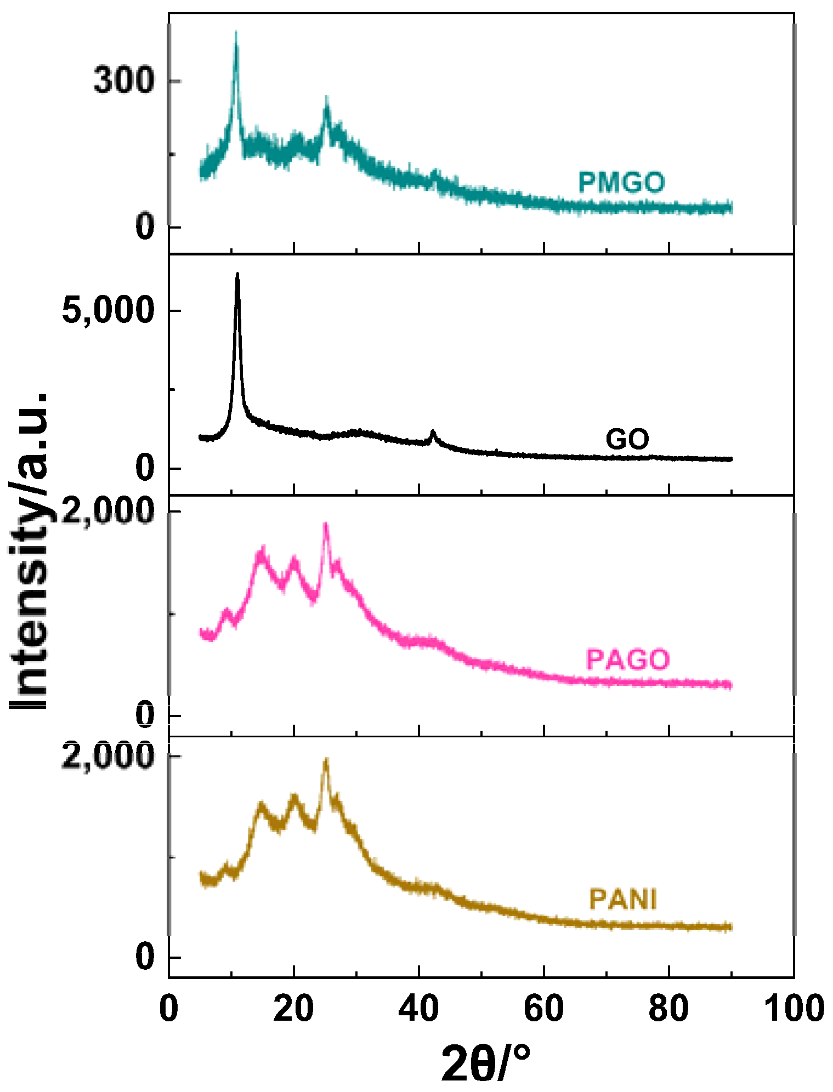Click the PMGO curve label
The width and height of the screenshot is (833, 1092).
(x=621, y=182)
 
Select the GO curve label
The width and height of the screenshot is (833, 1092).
(x=627, y=439)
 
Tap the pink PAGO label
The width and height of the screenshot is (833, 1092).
(x=628, y=659)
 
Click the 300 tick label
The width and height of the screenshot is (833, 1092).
(x=122, y=81)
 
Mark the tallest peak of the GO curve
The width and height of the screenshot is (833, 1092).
(x=237, y=274)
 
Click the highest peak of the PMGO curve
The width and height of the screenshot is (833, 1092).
(x=236, y=32)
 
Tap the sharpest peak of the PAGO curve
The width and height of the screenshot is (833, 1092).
(x=326, y=524)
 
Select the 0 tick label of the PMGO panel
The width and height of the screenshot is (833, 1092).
(x=145, y=226)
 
